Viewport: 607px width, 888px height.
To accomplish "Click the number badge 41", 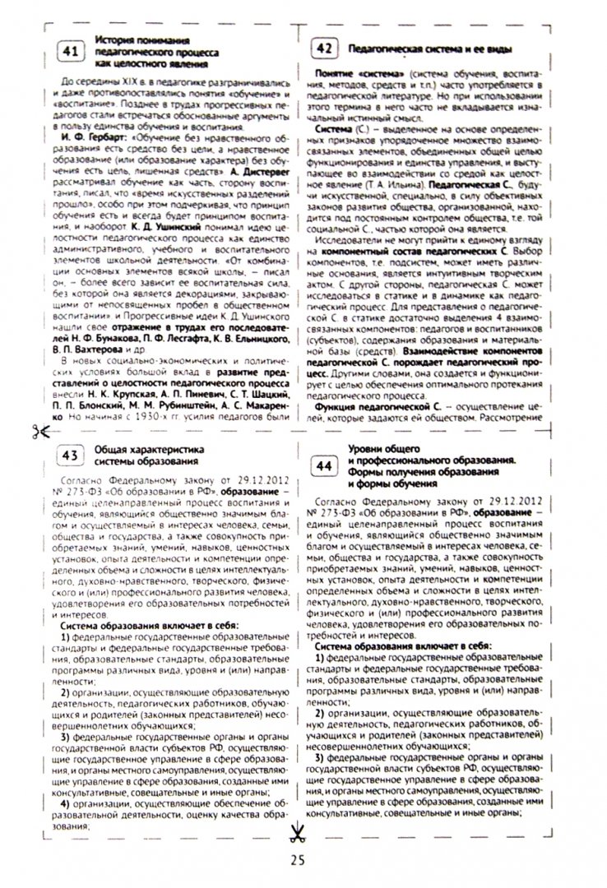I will pyautogui.click(x=70, y=52).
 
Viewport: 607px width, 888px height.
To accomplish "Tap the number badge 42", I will pyautogui.click(x=325, y=49).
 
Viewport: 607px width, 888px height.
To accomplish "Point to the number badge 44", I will pyautogui.click(x=326, y=465).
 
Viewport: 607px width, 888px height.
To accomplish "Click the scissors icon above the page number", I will pyautogui.click(x=296, y=833).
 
